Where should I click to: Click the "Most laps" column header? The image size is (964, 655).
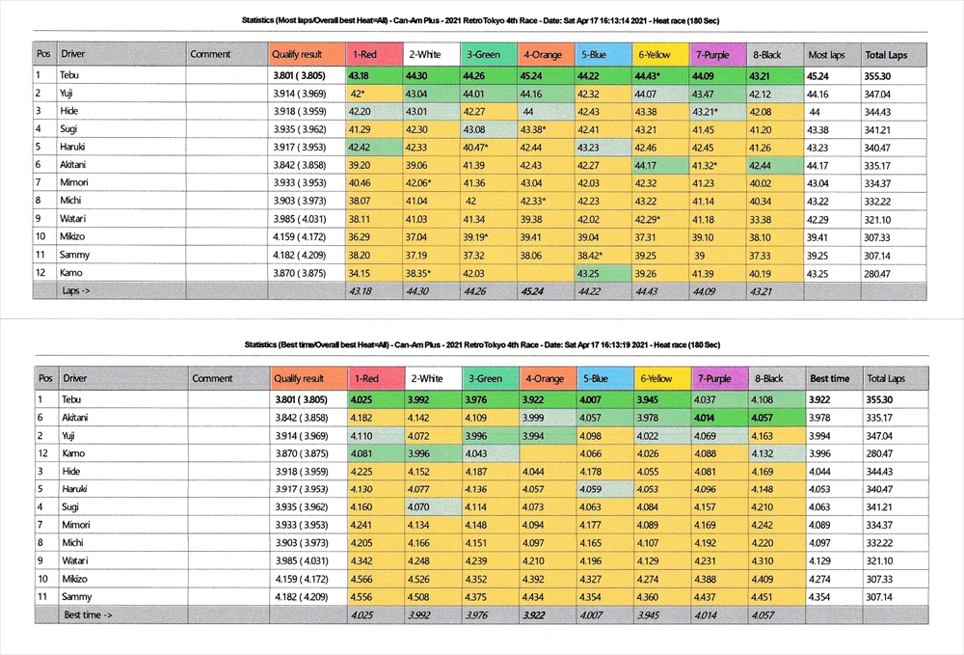pyautogui.click(x=826, y=54)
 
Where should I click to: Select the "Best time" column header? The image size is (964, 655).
pyautogui.click(x=829, y=378)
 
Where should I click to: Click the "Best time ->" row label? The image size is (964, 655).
pyautogui.click(x=88, y=614)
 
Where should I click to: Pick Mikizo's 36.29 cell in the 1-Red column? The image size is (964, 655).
pyautogui.click(x=359, y=237)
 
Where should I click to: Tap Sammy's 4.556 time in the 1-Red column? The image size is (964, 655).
pyautogui.click(x=361, y=596)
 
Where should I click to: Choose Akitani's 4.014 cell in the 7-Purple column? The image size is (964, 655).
pyautogui.click(x=708, y=416)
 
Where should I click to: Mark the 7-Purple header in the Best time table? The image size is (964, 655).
pyautogui.click(x=714, y=378)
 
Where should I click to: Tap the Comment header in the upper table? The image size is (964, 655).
pyautogui.click(x=210, y=54)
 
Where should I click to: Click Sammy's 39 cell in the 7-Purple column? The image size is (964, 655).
pyautogui.click(x=700, y=255)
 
